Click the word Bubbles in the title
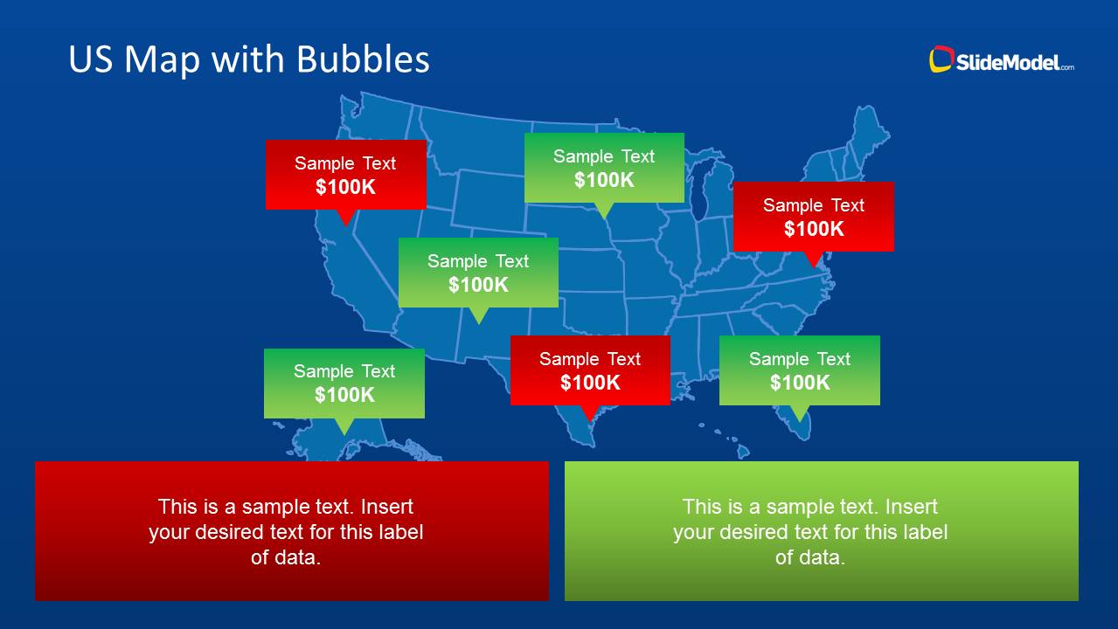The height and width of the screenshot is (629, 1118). pos(363,59)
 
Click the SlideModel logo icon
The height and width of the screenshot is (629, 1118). pos(941,59)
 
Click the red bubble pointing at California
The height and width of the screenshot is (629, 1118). pos(345,174)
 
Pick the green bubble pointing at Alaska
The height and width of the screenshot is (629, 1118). pos(344,383)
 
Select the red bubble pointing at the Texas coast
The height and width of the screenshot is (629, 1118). pos(590,370)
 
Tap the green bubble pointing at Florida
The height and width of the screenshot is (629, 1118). pos(799,370)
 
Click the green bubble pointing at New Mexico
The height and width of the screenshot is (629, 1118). pos(478,272)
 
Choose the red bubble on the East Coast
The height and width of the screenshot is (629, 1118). pos(813,216)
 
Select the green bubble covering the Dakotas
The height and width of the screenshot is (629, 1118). pos(604,167)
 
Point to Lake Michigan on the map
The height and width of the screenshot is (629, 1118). pos(699,197)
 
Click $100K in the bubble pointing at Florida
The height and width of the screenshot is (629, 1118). pos(799,383)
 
